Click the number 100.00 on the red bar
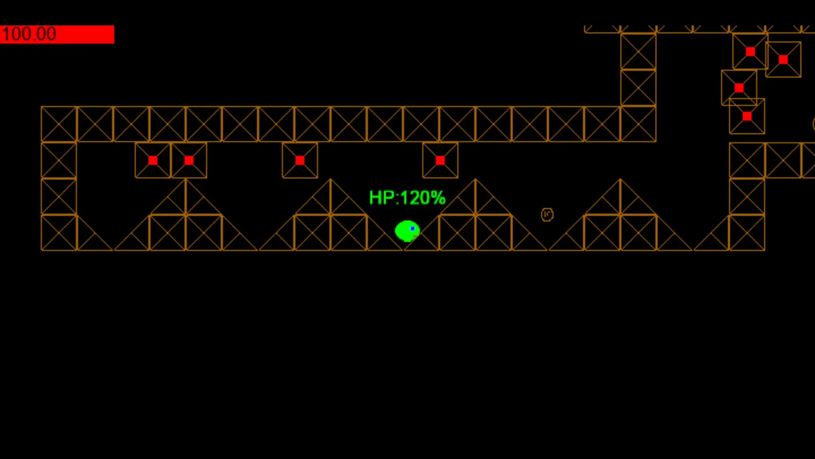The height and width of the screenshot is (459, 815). (29, 34)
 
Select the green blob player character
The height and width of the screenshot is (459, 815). (407, 231)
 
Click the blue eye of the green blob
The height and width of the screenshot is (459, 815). (413, 229)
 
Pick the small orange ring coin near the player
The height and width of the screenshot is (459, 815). (547, 215)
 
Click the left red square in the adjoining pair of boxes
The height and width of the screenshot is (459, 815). (153, 160)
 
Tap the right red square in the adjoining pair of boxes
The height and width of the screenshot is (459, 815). (189, 160)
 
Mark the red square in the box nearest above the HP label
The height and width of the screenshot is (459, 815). (440, 160)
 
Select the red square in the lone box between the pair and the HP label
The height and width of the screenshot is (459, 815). (300, 160)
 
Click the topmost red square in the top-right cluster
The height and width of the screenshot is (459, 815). (750, 52)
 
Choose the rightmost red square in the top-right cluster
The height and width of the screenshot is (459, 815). (783, 59)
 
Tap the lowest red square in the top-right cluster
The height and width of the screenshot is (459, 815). (747, 116)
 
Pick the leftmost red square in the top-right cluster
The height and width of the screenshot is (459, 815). (739, 88)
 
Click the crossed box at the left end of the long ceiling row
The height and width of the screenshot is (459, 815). (59, 124)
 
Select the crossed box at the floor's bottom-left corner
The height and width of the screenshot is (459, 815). (59, 233)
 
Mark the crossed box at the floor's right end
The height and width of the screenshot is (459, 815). (747, 233)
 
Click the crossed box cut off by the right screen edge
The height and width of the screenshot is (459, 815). (808, 160)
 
